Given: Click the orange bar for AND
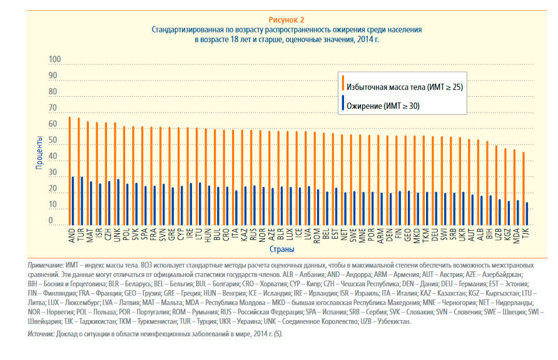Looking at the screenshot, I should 69,170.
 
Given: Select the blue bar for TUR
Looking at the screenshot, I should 81,200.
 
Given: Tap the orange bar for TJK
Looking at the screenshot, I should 524,187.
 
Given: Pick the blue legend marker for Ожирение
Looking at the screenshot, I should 343,106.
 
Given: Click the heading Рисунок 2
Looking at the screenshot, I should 287,19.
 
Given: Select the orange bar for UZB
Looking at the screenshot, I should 496,184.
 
